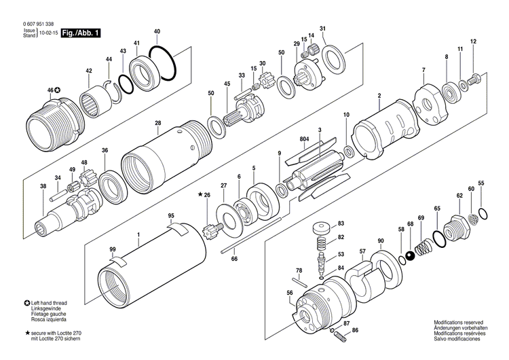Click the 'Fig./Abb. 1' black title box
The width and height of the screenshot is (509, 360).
pyautogui.click(x=80, y=33)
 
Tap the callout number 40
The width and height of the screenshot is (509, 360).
pyautogui.click(x=157, y=32)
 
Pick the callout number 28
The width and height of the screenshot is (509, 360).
pyautogui.click(x=157, y=123)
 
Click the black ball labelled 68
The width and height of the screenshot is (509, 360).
pyautogui.click(x=410, y=256)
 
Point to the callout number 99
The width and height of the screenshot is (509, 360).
pyautogui.click(x=113, y=250)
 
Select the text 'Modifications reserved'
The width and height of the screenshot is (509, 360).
pyautogui.click(x=459, y=323)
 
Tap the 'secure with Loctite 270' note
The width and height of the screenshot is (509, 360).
pyautogui.click(x=54, y=334)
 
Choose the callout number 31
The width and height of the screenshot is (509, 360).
pyautogui.click(x=323, y=29)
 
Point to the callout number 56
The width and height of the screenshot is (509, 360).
pyautogui.click(x=290, y=293)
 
